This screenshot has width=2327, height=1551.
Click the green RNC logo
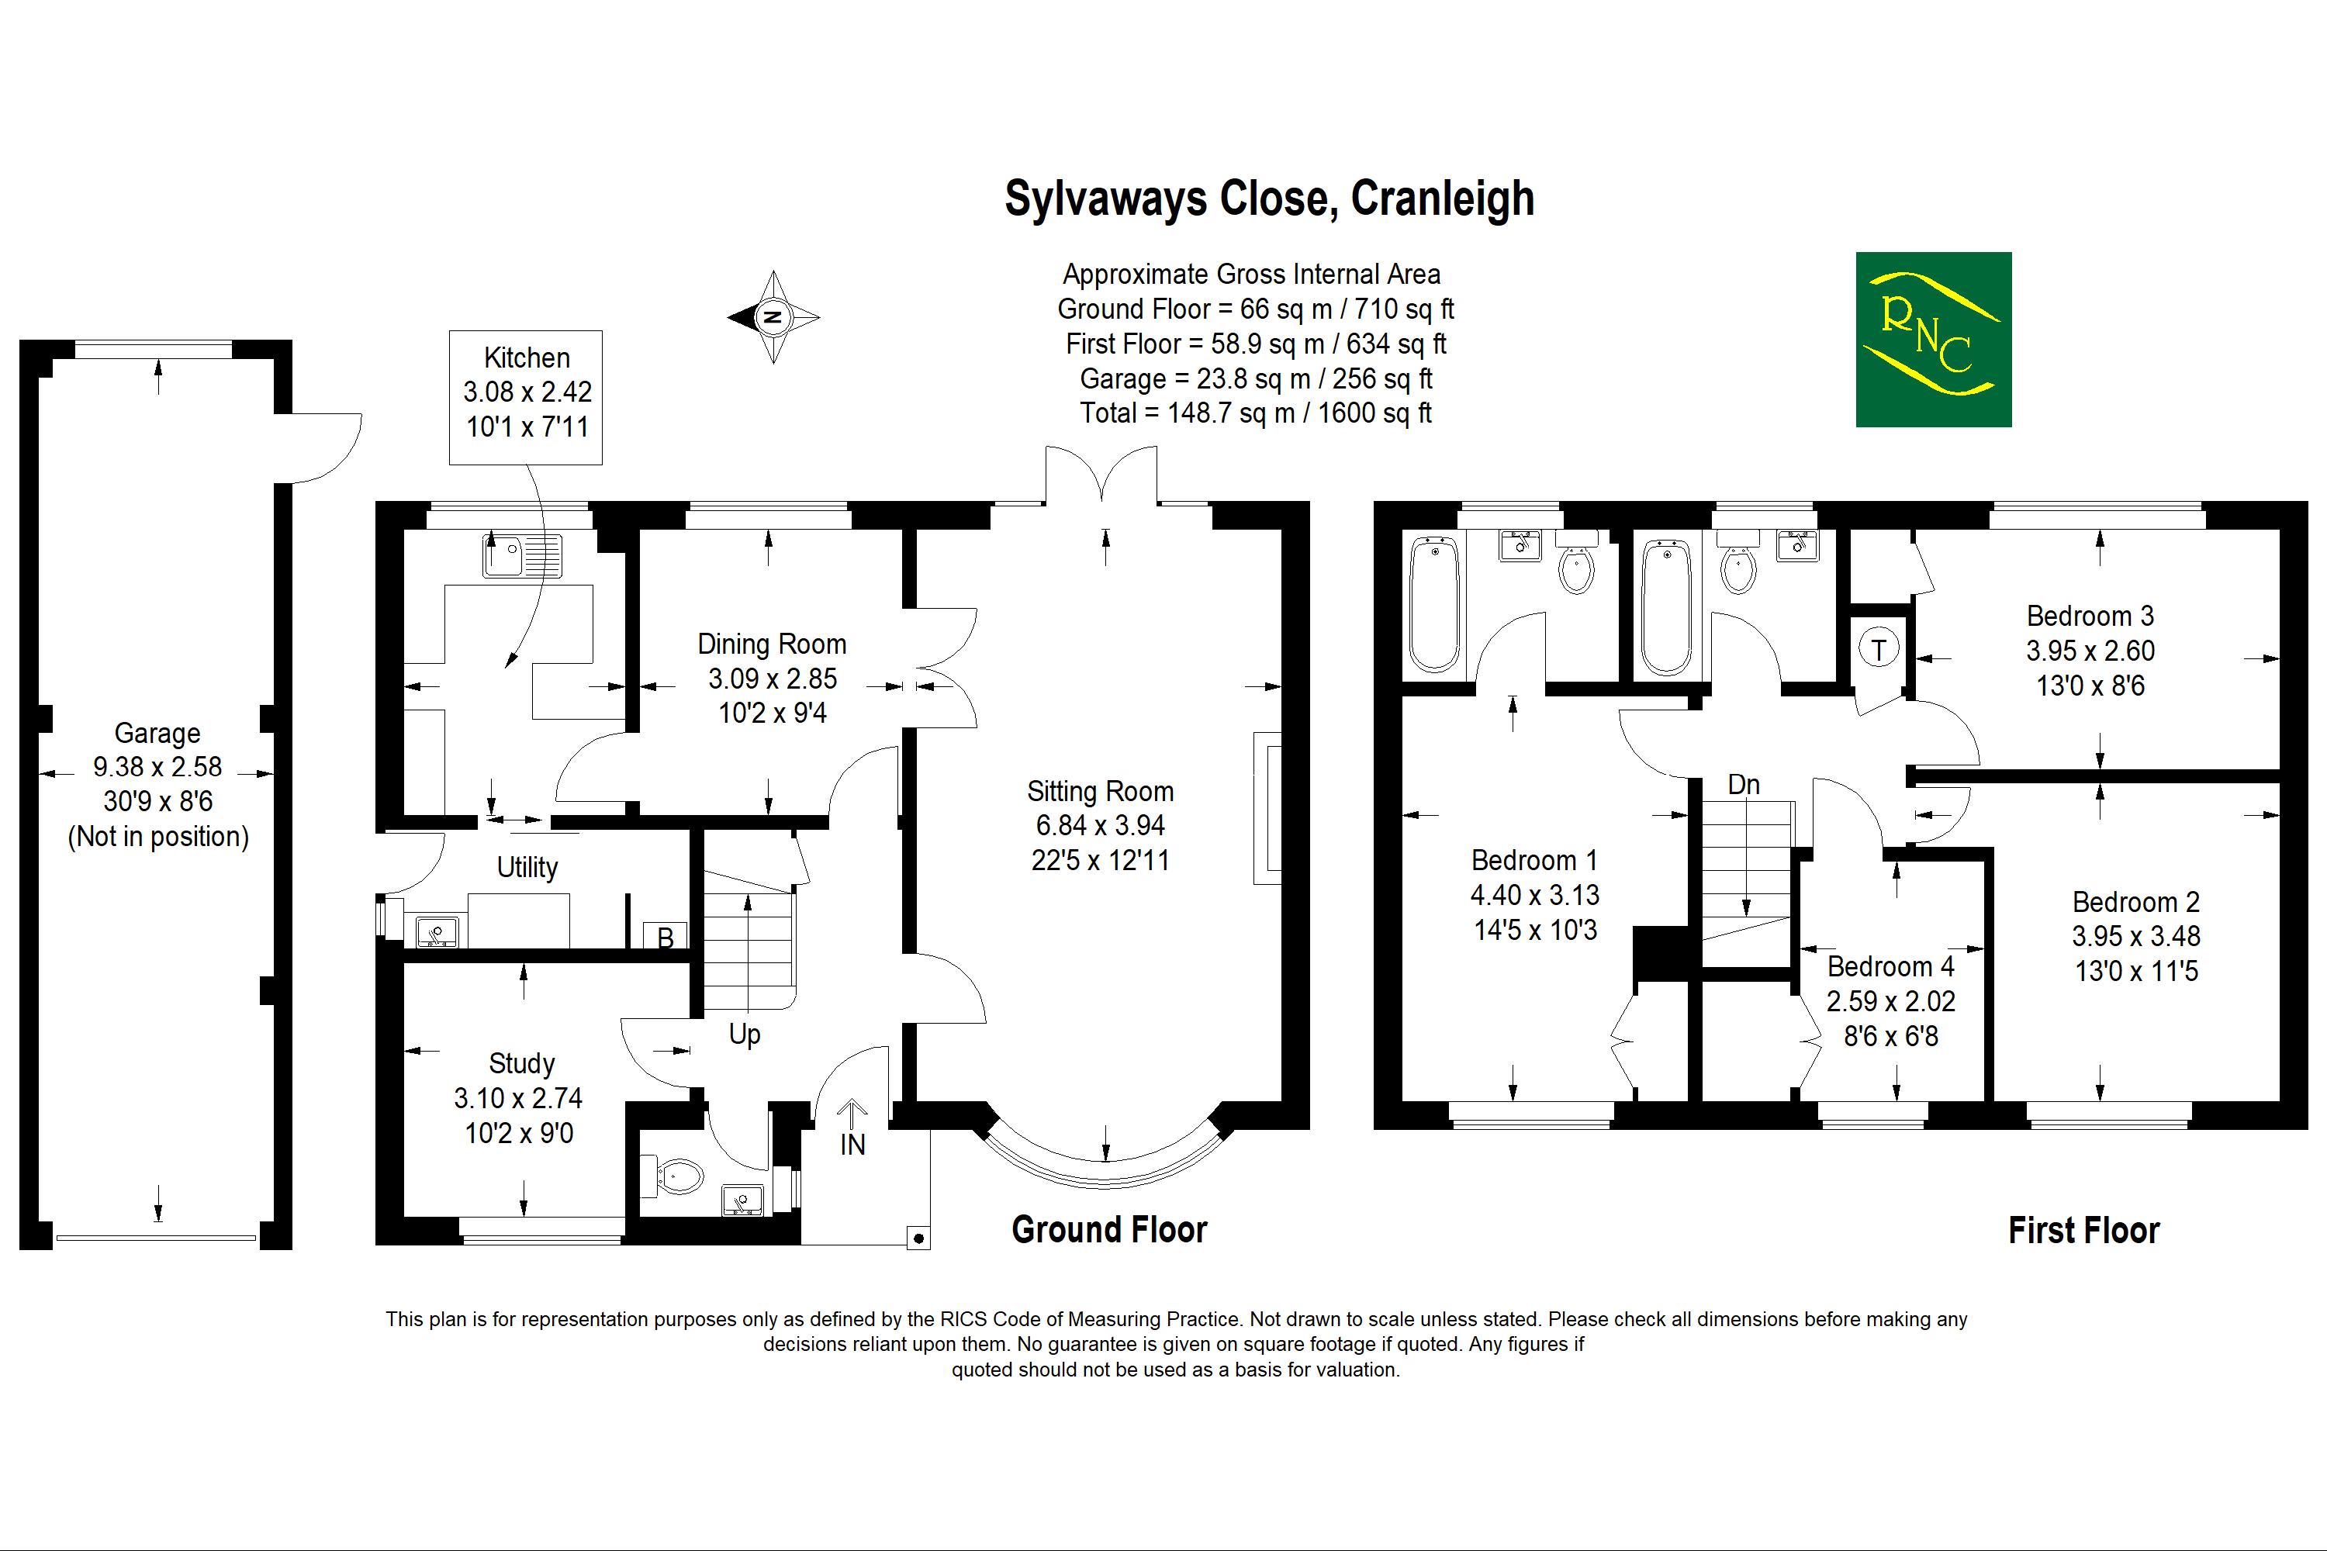pyautogui.click(x=1932, y=340)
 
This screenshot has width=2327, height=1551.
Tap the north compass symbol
pyautogui.click(x=773, y=317)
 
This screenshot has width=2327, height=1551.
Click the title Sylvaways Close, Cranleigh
pyautogui.click(x=1269, y=199)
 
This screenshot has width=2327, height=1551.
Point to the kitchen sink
pyautogui.click(x=521, y=555)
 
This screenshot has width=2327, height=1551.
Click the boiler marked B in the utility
pyautogui.click(x=666, y=937)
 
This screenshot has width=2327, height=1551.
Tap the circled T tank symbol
pyautogui.click(x=1879, y=650)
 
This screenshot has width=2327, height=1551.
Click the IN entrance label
pyautogui.click(x=852, y=1145)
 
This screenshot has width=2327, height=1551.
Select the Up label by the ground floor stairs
pyautogui.click(x=744, y=1035)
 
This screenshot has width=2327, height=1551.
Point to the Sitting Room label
pyautogui.click(x=1100, y=791)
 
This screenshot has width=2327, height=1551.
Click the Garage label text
pyautogui.click(x=157, y=733)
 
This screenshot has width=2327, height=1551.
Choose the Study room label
pyautogui.click(x=521, y=1063)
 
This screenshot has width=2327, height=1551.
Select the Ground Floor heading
pyautogui.click(x=1109, y=1229)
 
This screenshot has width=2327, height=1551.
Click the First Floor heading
pyautogui.click(x=2083, y=1231)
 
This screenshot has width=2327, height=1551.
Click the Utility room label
pyautogui.click(x=527, y=868)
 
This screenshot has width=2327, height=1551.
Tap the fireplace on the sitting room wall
pyautogui.click(x=1267, y=807)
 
